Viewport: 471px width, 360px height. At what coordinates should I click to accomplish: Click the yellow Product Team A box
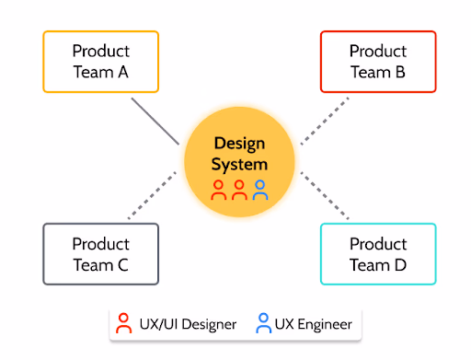(101, 62)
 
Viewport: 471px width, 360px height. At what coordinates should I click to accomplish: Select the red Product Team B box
(377, 62)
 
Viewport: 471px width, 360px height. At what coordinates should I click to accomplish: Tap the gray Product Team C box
(101, 254)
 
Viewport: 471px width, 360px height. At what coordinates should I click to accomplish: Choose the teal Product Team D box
(377, 254)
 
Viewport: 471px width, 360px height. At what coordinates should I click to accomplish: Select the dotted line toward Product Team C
(152, 196)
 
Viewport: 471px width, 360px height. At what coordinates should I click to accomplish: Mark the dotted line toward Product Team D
(326, 196)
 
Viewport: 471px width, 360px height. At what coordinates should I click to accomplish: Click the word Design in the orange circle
(239, 144)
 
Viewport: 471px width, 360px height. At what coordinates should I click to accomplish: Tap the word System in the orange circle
(239, 165)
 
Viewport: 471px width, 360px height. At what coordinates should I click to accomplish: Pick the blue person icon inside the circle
(260, 190)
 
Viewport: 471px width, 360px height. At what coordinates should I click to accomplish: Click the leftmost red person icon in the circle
(219, 190)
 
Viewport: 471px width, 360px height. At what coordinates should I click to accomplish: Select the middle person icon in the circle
(239, 190)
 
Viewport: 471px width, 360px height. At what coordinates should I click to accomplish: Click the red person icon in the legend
(124, 323)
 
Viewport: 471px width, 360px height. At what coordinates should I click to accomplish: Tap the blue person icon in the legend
(264, 323)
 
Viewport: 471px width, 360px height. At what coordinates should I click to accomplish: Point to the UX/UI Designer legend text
(188, 324)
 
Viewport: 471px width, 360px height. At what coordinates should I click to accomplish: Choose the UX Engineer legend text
(315, 324)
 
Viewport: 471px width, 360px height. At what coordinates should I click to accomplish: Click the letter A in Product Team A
(123, 72)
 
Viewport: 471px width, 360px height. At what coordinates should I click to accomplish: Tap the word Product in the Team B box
(377, 52)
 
